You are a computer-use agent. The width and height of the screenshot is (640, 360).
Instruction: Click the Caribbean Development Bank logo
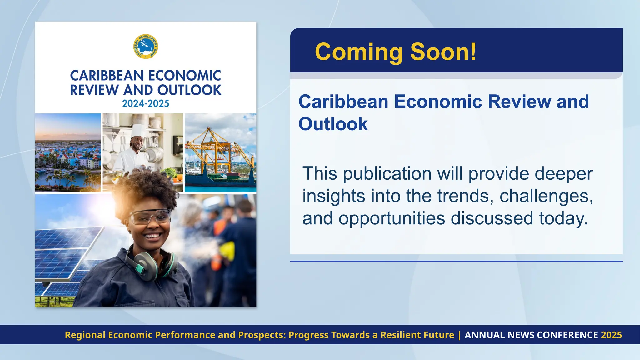146,47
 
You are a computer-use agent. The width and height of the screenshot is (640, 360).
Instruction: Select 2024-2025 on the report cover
146,103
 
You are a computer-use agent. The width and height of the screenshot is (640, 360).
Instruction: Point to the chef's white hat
138,131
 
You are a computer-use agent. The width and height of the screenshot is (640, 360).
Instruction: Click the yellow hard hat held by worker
227,252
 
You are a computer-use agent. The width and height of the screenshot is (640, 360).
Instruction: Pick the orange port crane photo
220,152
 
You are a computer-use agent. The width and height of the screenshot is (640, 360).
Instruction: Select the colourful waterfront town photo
68,152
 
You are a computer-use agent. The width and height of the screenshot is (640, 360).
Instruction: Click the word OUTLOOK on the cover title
189,90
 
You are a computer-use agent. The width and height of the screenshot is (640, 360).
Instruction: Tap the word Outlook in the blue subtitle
333,124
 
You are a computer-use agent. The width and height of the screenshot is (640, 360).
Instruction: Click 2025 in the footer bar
612,335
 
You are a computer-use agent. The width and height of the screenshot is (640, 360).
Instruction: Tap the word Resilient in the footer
400,335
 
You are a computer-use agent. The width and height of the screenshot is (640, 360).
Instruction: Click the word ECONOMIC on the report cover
185,76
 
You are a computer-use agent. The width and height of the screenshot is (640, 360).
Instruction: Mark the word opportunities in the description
392,218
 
